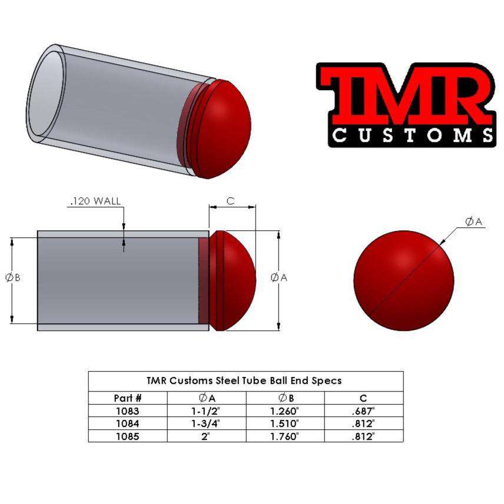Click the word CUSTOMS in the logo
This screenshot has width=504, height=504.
412,134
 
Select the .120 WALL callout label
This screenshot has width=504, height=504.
95,201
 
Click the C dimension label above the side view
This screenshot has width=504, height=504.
230,201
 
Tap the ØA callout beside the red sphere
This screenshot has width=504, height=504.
473,221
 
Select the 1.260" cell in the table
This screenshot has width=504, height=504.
284,411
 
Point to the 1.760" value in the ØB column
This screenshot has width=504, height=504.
284,436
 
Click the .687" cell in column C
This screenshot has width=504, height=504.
363,411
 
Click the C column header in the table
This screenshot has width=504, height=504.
363,398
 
